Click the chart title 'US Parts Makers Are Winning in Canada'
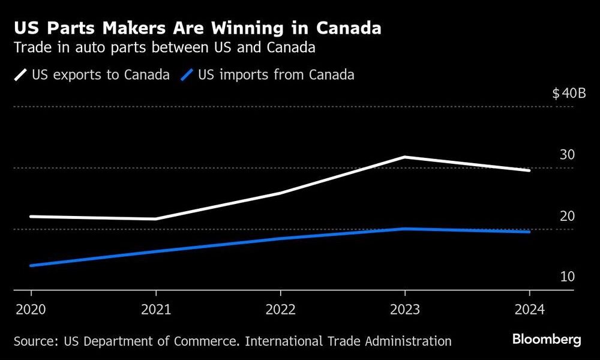[198, 28]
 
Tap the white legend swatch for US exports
[21, 75]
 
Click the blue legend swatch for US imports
[188, 75]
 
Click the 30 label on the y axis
[567, 155]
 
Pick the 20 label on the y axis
[567, 216]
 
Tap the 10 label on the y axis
[567, 277]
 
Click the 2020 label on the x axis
[31, 310]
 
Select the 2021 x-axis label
[155, 310]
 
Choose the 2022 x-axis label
[280, 310]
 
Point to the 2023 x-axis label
[405, 310]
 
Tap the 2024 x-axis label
[529, 310]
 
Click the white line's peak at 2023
[405, 157]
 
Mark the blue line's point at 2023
[405, 229]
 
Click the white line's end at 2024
[529, 170]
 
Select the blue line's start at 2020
[31, 265]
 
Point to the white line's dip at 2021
[155, 219]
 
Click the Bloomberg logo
[547, 340]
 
